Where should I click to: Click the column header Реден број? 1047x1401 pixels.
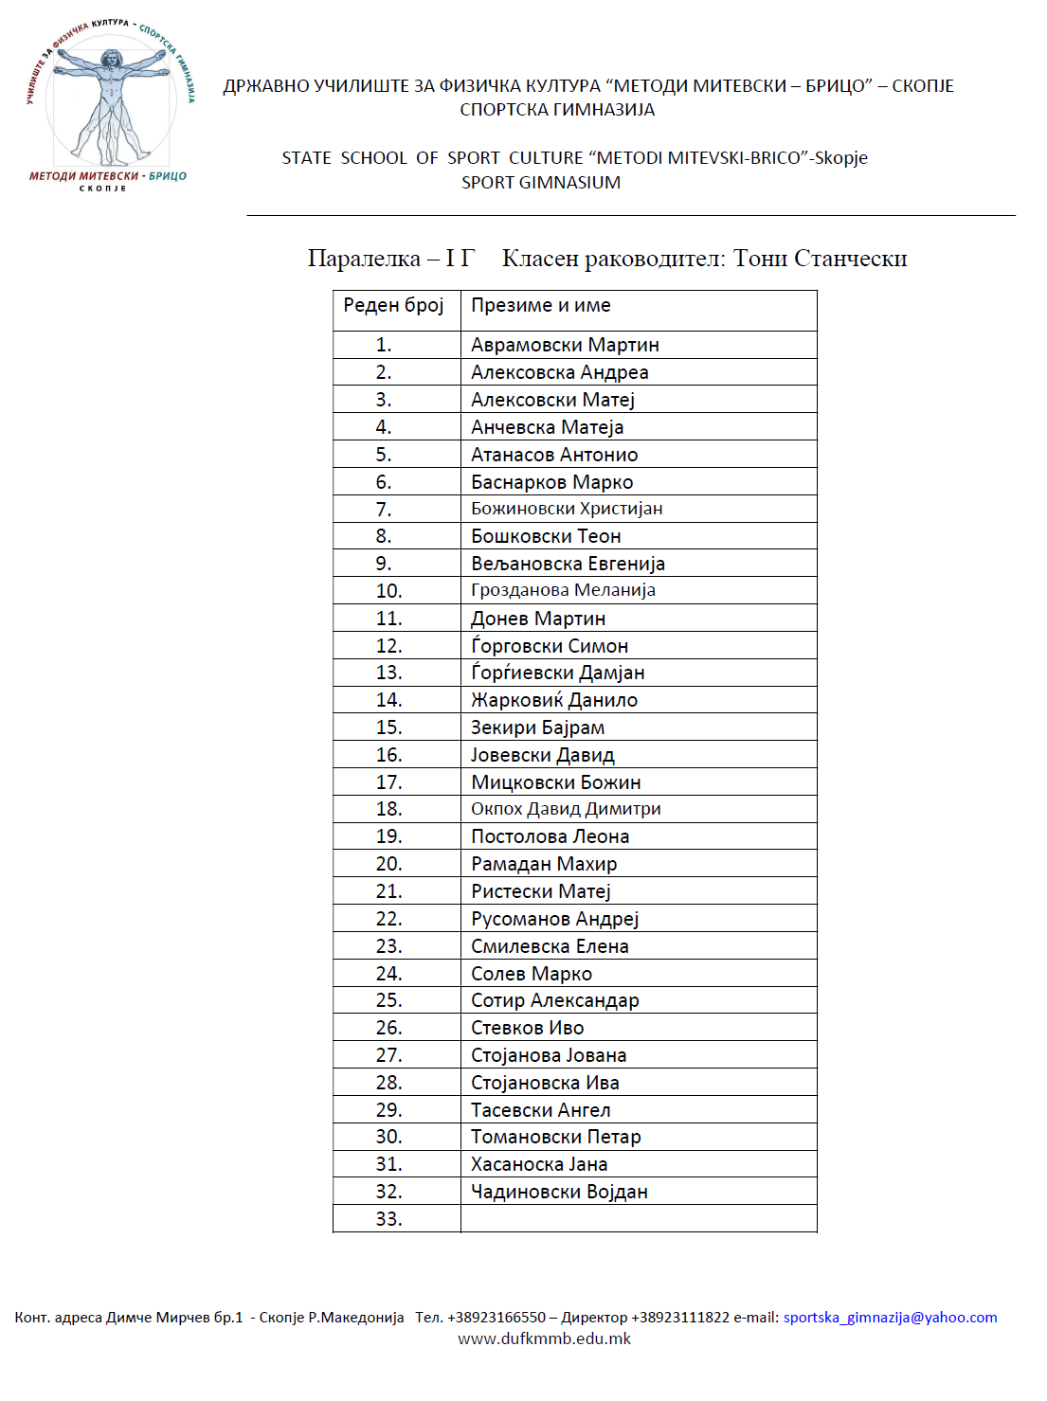tap(393, 305)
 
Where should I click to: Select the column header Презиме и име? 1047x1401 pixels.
tap(541, 305)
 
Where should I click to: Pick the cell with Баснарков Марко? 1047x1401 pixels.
tap(552, 482)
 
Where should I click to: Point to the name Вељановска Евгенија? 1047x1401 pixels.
tap(568, 564)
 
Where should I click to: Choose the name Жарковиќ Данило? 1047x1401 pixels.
tap(554, 700)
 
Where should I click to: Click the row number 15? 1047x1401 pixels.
tap(388, 727)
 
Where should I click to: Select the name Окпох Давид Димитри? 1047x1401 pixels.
tap(566, 809)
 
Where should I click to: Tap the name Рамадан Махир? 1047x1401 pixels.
tap(544, 864)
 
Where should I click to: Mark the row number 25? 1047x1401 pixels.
tap(388, 1000)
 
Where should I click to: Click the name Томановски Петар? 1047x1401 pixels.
tap(556, 1137)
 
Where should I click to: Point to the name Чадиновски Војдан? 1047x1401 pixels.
tap(559, 1192)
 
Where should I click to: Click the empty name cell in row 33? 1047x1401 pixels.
tap(638, 1219)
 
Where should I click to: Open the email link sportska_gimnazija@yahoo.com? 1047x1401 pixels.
tap(890, 1318)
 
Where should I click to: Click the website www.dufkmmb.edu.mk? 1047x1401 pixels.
tap(544, 1338)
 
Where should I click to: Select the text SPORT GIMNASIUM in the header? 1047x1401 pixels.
tap(541, 183)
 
